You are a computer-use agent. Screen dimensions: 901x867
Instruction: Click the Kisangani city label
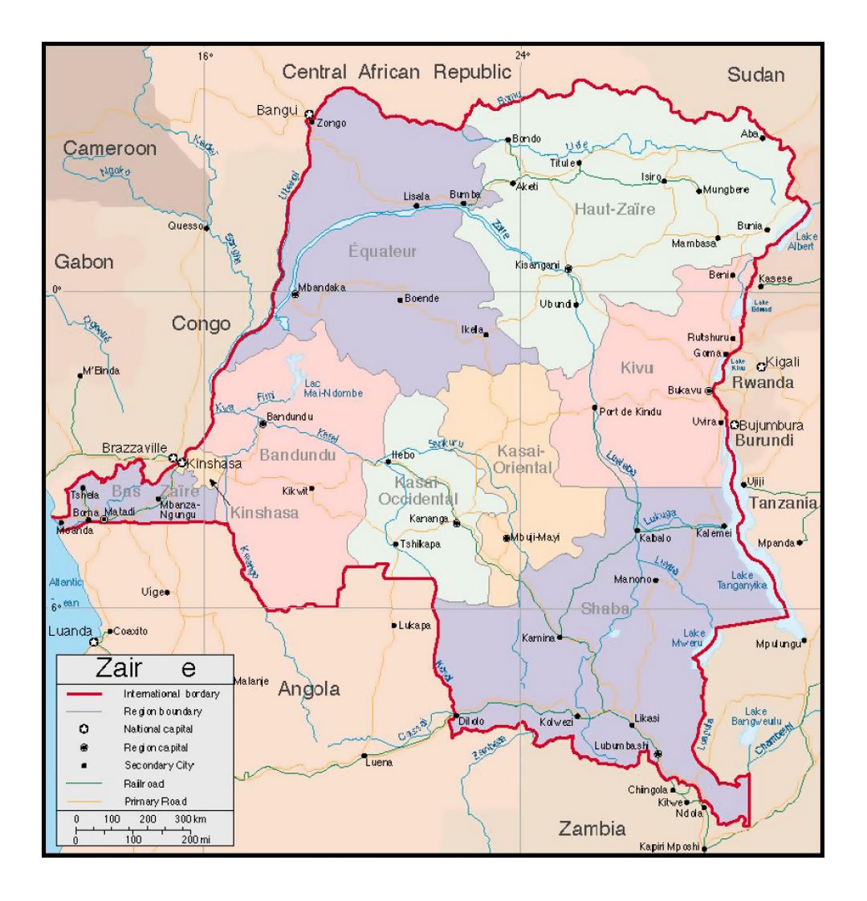(x=537, y=264)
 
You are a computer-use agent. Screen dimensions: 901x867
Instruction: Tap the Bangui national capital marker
(x=308, y=113)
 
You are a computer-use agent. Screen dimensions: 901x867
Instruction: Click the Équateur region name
(x=383, y=251)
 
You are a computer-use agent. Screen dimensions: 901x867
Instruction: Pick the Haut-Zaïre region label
(x=614, y=210)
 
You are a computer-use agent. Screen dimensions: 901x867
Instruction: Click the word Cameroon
(x=110, y=149)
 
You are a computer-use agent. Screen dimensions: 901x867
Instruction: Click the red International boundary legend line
(x=83, y=692)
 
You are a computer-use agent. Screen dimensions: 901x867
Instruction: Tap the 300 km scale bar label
(x=189, y=817)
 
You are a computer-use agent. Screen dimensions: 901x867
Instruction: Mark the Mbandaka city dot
(x=295, y=295)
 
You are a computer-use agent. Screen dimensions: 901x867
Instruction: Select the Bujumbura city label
(x=771, y=425)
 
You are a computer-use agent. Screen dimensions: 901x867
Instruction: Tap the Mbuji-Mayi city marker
(x=506, y=538)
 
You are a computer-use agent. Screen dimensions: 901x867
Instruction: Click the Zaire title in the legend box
(x=145, y=667)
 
